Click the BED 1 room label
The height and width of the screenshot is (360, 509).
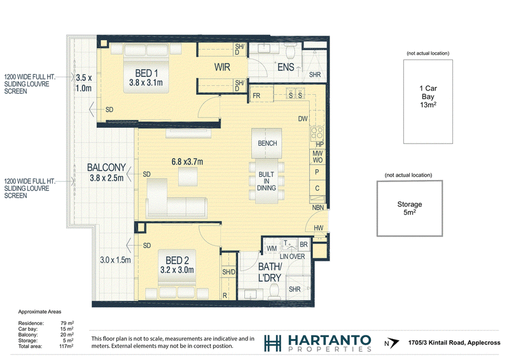pyautogui.click(x=146, y=73)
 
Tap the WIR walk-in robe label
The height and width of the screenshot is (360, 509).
pyautogui.click(x=222, y=67)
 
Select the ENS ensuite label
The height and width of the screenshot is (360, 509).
pyautogui.click(x=286, y=67)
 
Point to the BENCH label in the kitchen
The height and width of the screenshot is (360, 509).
pyautogui.click(x=267, y=143)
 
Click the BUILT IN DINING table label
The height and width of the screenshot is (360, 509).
pyautogui.click(x=267, y=181)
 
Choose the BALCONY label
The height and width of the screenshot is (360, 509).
pyautogui.click(x=106, y=167)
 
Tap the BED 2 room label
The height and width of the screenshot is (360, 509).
pyautogui.click(x=177, y=260)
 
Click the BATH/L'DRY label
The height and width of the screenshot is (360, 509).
pyautogui.click(x=270, y=272)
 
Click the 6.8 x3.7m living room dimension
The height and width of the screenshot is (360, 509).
pyautogui.click(x=187, y=162)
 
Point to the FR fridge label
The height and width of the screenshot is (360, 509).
pyautogui.click(x=256, y=96)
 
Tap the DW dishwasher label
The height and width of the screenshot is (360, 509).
pyautogui.click(x=303, y=119)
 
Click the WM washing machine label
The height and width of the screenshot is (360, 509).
pyautogui.click(x=272, y=249)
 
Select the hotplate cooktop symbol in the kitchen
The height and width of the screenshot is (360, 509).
pyautogui.click(x=317, y=133)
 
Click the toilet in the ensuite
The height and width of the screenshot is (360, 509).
pyautogui.click(x=289, y=50)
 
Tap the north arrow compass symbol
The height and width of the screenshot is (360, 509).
pyautogui.click(x=394, y=343)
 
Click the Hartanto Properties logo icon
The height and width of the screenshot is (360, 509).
pyautogui.click(x=273, y=343)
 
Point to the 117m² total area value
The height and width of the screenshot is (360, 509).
pyautogui.click(x=66, y=347)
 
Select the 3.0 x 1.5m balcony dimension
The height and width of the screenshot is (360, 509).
pyautogui.click(x=115, y=260)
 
